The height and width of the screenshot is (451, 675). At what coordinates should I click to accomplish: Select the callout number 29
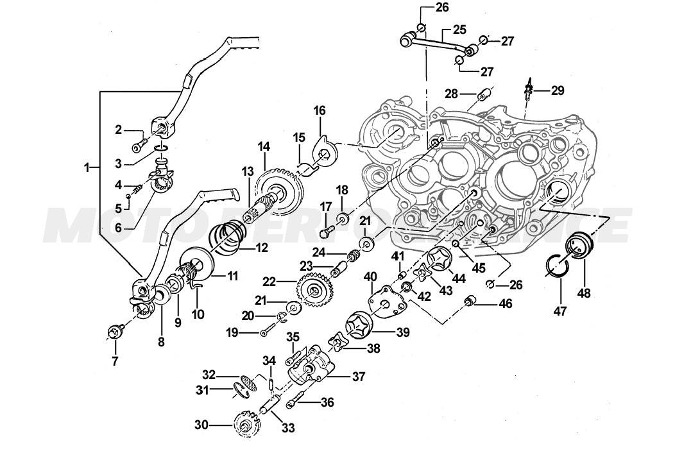[557, 91]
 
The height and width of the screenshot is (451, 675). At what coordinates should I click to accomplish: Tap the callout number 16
[319, 111]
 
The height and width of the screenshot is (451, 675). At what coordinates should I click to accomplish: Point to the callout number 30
[201, 425]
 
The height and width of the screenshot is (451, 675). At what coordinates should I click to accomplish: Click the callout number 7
[115, 361]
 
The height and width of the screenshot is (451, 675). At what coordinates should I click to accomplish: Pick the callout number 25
[459, 29]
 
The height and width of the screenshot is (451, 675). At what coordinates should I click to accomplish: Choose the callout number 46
[506, 303]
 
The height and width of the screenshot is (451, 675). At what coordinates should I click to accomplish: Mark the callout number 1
[87, 167]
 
